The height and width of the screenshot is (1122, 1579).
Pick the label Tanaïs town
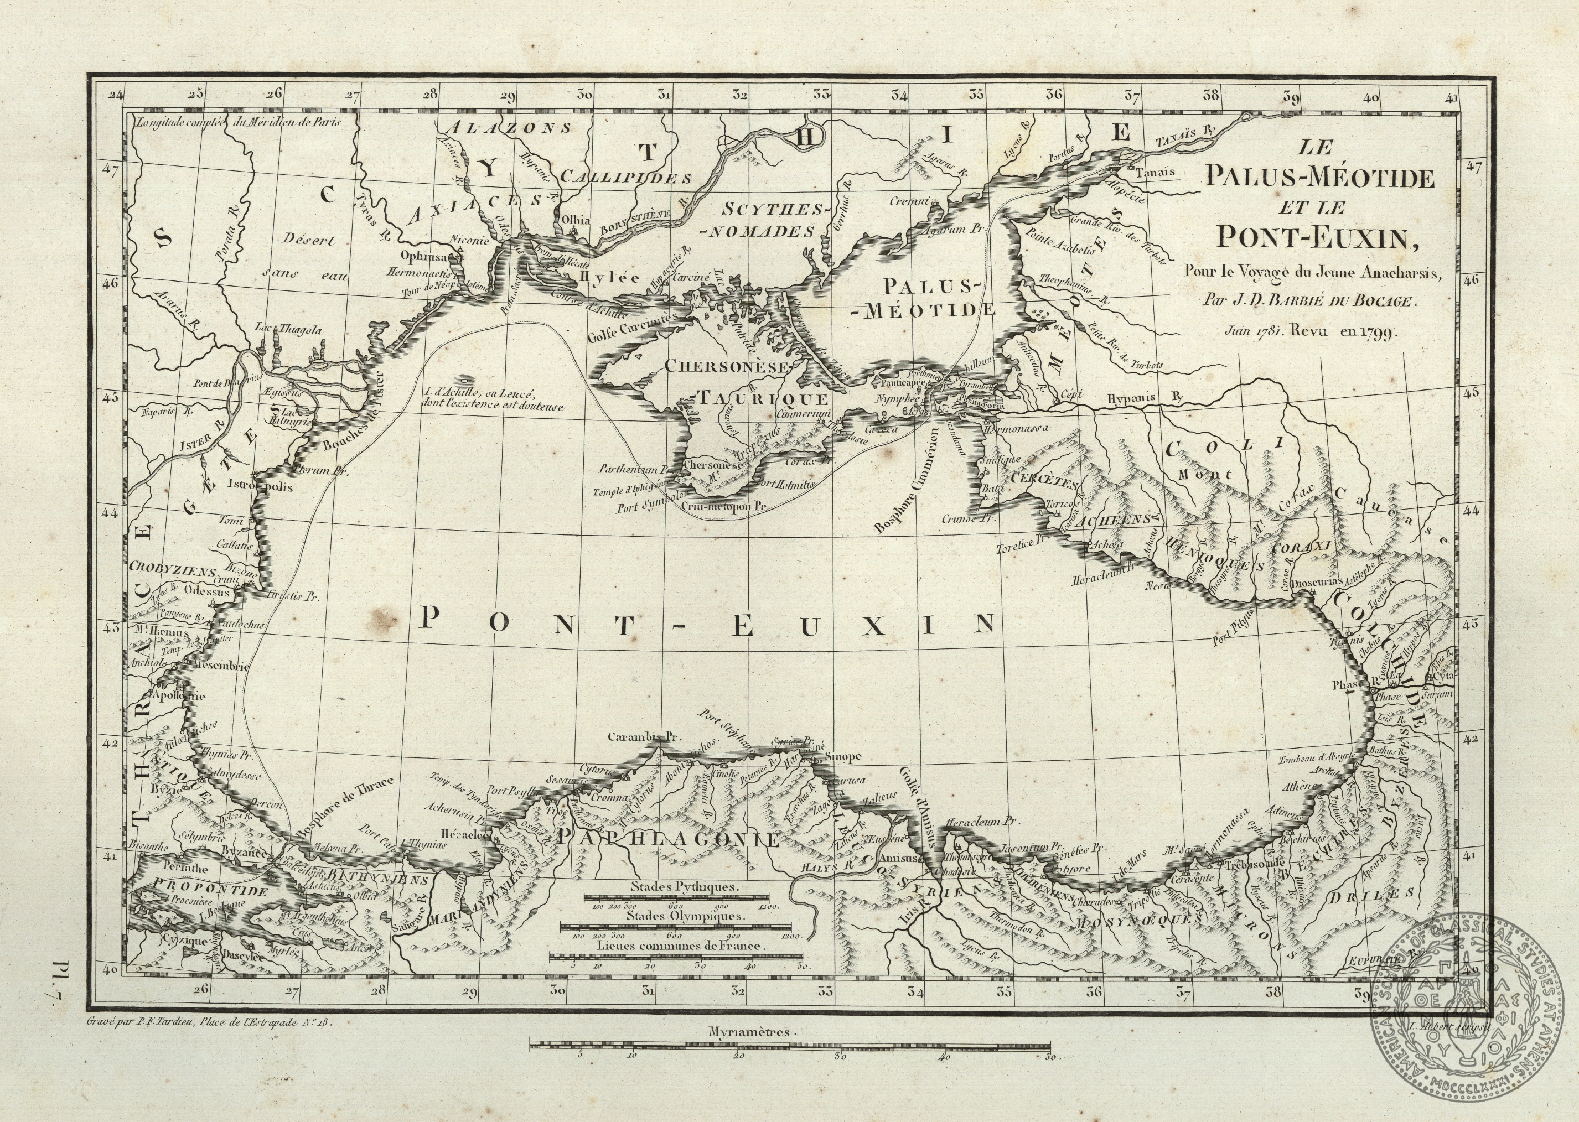(x=1155, y=173)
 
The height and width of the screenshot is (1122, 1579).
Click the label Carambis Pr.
(x=643, y=736)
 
